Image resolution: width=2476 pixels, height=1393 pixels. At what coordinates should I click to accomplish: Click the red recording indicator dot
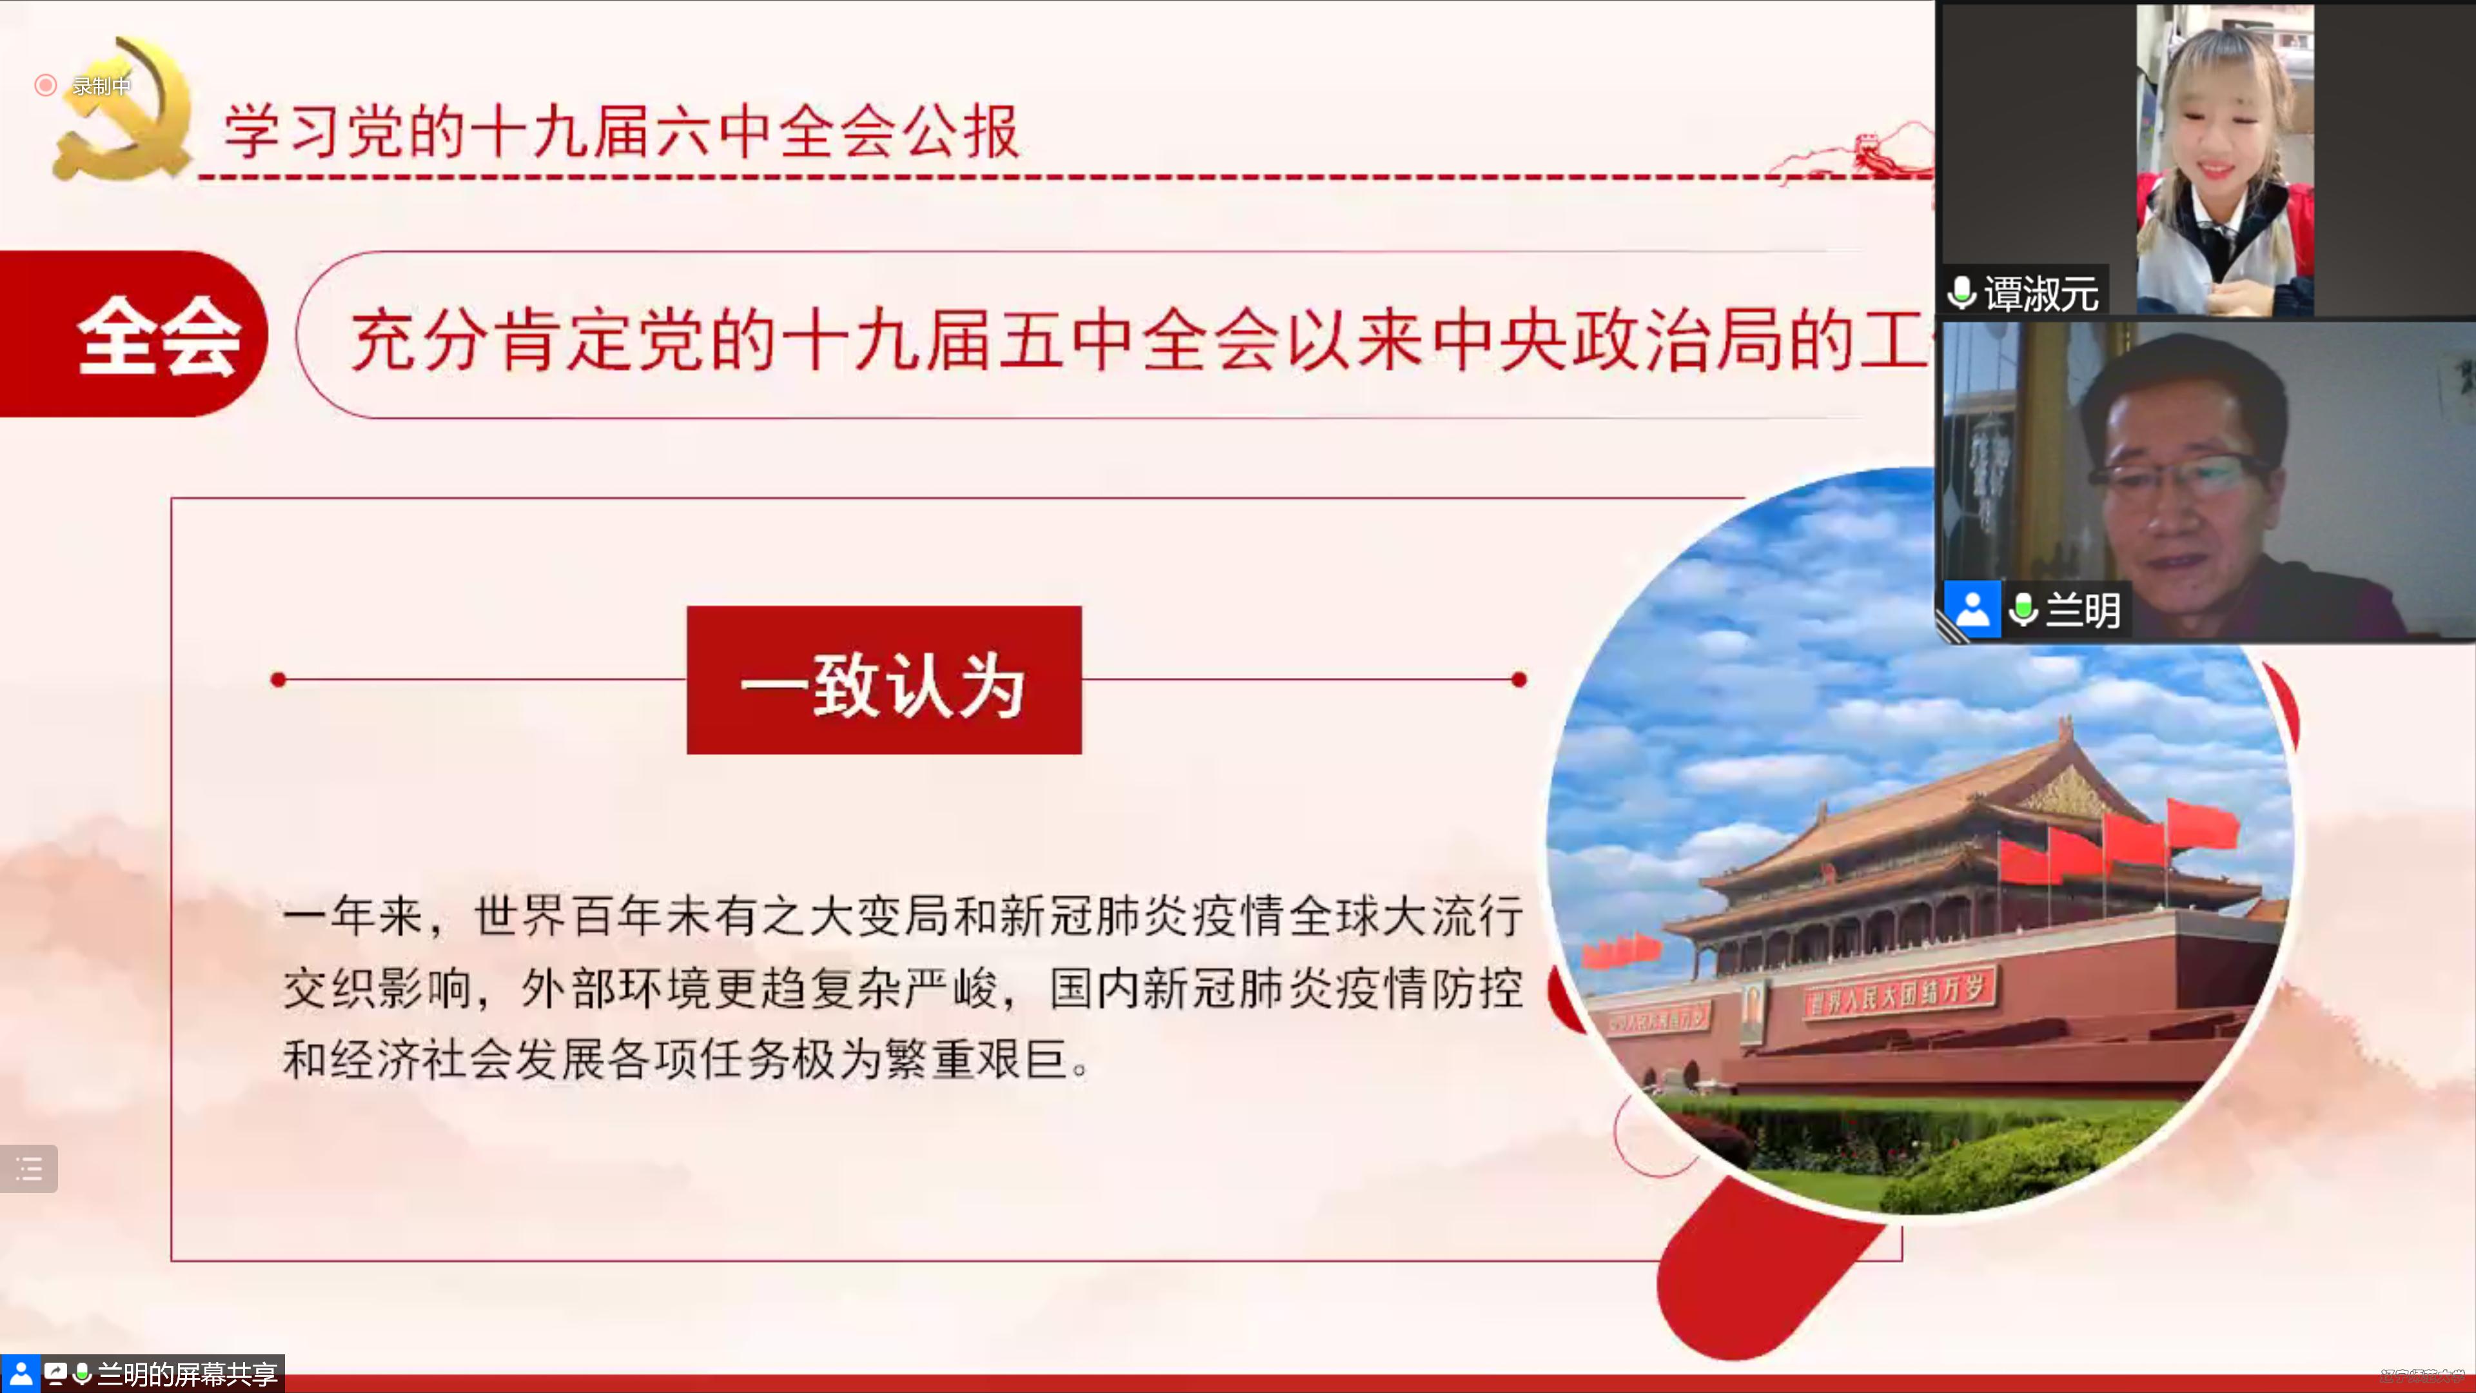pos(45,86)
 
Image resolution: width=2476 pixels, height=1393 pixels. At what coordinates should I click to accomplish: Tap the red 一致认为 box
pos(883,680)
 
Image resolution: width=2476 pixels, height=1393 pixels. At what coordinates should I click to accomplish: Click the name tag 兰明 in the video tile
pos(2082,609)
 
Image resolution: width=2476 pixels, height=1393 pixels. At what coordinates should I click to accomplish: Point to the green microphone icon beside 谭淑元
pos(1961,292)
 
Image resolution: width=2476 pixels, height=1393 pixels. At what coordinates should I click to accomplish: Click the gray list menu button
pos(29,1169)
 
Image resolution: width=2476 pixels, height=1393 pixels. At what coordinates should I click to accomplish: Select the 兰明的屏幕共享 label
pos(188,1374)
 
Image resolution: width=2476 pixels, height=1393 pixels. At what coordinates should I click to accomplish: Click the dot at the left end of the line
pos(279,680)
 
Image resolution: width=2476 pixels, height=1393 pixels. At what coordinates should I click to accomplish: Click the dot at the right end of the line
pos(1518,680)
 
